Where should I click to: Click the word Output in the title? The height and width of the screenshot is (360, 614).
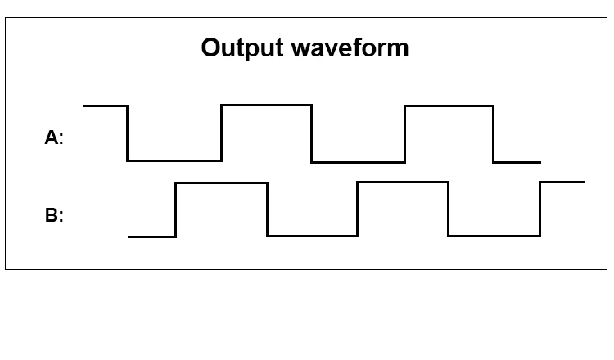[x=242, y=48]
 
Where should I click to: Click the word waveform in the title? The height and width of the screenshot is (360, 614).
[x=350, y=48]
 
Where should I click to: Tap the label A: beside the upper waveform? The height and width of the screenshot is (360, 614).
[x=54, y=137]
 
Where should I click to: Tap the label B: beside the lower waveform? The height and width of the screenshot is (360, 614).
[x=54, y=215]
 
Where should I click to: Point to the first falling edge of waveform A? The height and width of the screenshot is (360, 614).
[x=127, y=133]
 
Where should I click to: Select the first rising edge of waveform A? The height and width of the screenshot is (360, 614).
[x=221, y=133]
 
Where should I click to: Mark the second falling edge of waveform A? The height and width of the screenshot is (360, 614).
[x=312, y=133]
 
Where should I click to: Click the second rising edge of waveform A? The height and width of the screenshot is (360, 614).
[x=405, y=134]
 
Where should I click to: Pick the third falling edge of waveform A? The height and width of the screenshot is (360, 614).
[x=494, y=134]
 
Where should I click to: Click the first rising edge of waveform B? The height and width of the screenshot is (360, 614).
[x=175, y=209]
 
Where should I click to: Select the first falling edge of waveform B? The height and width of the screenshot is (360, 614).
[x=268, y=209]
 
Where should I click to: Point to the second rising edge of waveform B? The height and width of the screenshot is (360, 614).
[x=358, y=209]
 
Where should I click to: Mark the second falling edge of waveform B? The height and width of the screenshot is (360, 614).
[x=449, y=209]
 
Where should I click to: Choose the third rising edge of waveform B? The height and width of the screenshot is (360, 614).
[x=540, y=209]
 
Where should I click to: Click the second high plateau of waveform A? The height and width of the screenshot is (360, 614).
[x=266, y=105]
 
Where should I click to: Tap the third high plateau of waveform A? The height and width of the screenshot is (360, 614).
[x=449, y=106]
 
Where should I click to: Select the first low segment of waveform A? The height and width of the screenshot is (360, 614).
[x=174, y=160]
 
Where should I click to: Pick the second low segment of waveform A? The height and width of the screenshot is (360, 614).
[x=359, y=162]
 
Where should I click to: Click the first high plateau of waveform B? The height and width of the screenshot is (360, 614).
[x=222, y=182]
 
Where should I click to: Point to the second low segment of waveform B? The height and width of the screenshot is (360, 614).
[x=494, y=236]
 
